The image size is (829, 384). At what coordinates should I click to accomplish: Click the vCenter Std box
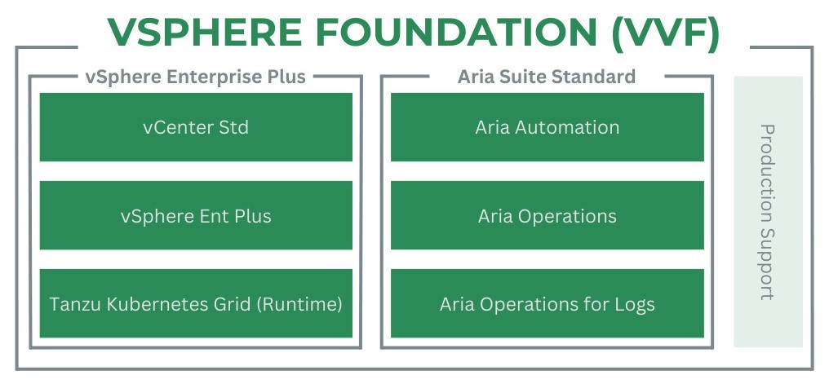(x=196, y=127)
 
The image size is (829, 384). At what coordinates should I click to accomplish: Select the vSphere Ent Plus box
(x=196, y=215)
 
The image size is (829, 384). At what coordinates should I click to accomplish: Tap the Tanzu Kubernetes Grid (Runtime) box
(x=196, y=304)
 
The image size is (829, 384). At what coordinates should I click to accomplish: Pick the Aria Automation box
(x=547, y=127)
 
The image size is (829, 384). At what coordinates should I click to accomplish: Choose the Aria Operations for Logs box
(x=547, y=304)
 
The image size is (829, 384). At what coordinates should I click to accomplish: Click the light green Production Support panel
(x=768, y=212)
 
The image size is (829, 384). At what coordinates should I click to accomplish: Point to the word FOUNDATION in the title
(x=456, y=33)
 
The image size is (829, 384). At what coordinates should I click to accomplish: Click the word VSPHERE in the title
(x=205, y=33)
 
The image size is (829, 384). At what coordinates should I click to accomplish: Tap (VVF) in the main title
(x=666, y=33)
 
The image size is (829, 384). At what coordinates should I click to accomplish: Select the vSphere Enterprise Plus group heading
(x=195, y=77)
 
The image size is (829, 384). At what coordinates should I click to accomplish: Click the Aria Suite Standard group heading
(x=547, y=77)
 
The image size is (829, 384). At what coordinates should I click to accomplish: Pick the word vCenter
(x=174, y=128)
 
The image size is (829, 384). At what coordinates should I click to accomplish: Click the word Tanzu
(x=69, y=304)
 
